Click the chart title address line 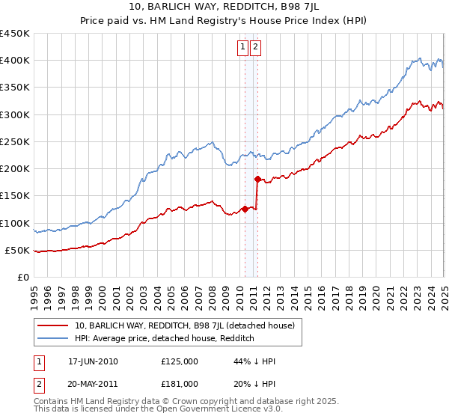tap(224, 8)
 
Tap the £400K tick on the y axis tap(15, 61)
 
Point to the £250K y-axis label tap(15, 141)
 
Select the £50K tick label tap(18, 250)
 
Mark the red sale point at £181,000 tap(257, 179)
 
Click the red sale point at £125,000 tap(245, 209)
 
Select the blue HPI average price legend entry tap(165, 338)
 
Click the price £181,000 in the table tap(180, 383)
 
